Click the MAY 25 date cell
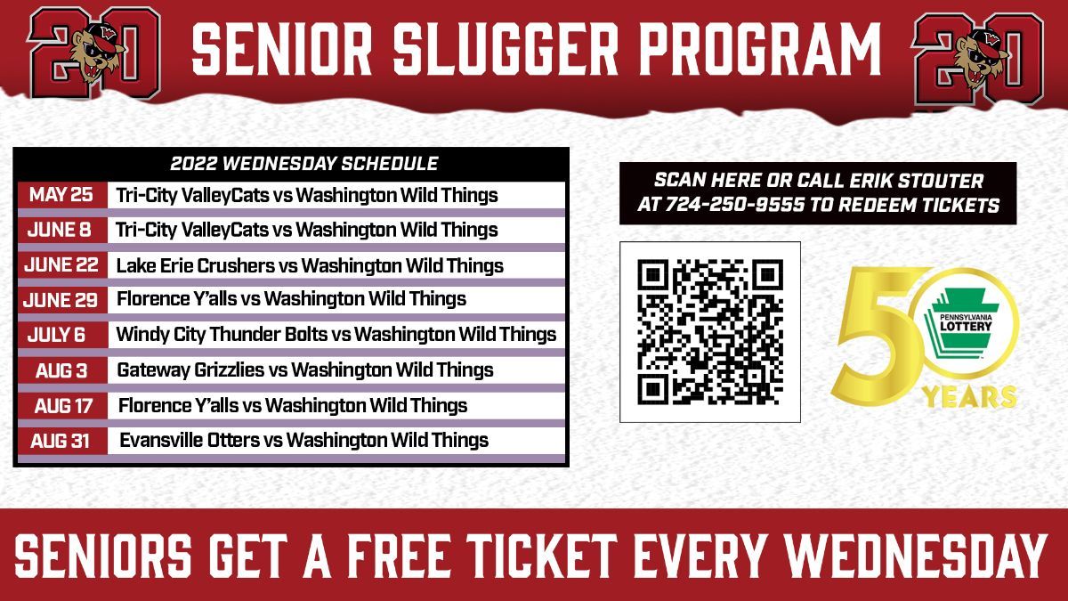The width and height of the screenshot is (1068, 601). (x=62, y=195)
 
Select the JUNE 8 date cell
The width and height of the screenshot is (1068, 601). (x=62, y=230)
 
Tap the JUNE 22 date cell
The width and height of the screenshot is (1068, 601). (x=62, y=265)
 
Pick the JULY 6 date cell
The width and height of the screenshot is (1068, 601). (x=62, y=335)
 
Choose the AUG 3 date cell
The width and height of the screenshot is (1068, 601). (x=62, y=370)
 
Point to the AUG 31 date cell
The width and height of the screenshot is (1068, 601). (x=62, y=441)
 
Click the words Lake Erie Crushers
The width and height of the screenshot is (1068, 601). (x=196, y=265)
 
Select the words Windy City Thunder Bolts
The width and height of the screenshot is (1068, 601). (x=222, y=335)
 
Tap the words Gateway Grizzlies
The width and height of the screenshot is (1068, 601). (x=190, y=370)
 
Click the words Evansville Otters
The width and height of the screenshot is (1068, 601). (x=190, y=440)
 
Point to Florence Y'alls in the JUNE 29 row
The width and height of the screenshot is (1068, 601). (x=176, y=299)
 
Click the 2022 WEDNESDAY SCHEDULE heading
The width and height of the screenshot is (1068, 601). (x=304, y=164)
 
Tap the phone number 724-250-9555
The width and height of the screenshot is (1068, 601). (x=735, y=205)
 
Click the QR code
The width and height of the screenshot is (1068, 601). (x=710, y=332)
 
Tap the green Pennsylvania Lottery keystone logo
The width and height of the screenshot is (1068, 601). (x=965, y=324)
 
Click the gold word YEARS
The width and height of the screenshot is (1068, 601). (x=969, y=397)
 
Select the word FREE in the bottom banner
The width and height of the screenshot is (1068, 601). (x=399, y=556)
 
